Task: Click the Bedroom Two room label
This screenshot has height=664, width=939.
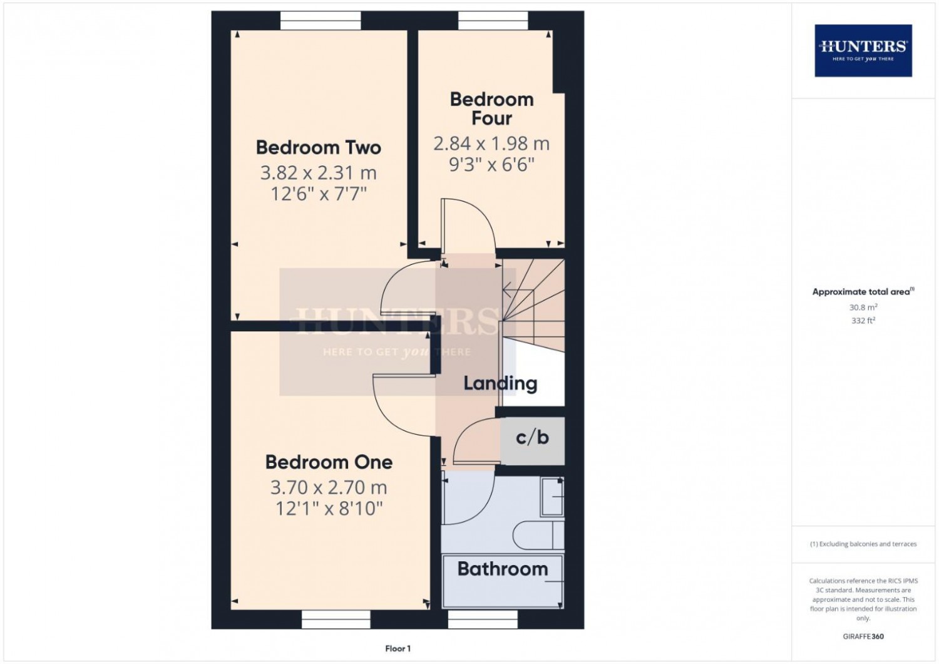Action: [318, 148]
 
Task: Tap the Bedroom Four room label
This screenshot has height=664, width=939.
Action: [491, 108]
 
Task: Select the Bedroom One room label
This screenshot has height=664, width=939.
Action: [329, 462]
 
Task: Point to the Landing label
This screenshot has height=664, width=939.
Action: [500, 384]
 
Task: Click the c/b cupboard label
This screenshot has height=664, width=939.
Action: [532, 437]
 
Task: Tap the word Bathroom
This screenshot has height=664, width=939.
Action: [503, 569]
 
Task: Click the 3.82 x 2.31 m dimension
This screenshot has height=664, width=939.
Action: [318, 173]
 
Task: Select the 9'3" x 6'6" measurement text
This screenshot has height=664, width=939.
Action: [491, 164]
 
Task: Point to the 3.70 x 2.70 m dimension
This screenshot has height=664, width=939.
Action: [329, 487]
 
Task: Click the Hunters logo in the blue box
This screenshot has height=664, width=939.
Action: [863, 51]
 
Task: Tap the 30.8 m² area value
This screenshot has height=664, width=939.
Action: [863, 307]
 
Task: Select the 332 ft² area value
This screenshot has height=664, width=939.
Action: [863, 321]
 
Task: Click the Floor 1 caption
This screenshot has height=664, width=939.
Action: [398, 648]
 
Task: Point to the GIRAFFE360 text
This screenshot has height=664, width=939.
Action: [863, 636]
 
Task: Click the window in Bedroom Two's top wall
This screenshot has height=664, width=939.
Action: [321, 21]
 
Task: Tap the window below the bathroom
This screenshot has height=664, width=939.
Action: [483, 619]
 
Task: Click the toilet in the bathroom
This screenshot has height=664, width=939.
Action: [538, 535]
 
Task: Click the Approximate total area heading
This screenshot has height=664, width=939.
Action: [863, 291]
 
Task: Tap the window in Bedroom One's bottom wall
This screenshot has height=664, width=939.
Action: [336, 619]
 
